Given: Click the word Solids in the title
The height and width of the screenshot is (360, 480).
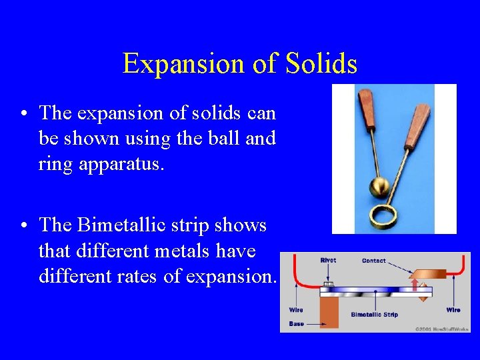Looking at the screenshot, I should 321,64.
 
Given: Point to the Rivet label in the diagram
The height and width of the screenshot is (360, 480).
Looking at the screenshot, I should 328,261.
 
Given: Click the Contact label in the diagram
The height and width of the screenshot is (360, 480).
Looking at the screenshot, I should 373,261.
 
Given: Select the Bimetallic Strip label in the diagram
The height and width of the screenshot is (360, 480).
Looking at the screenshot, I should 374,314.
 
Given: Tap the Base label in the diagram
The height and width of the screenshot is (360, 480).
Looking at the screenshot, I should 296,323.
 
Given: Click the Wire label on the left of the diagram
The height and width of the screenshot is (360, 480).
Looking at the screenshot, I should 296,310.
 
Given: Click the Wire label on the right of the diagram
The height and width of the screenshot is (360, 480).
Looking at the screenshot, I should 453,310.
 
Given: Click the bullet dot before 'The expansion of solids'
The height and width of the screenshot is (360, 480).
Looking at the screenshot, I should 24,114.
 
